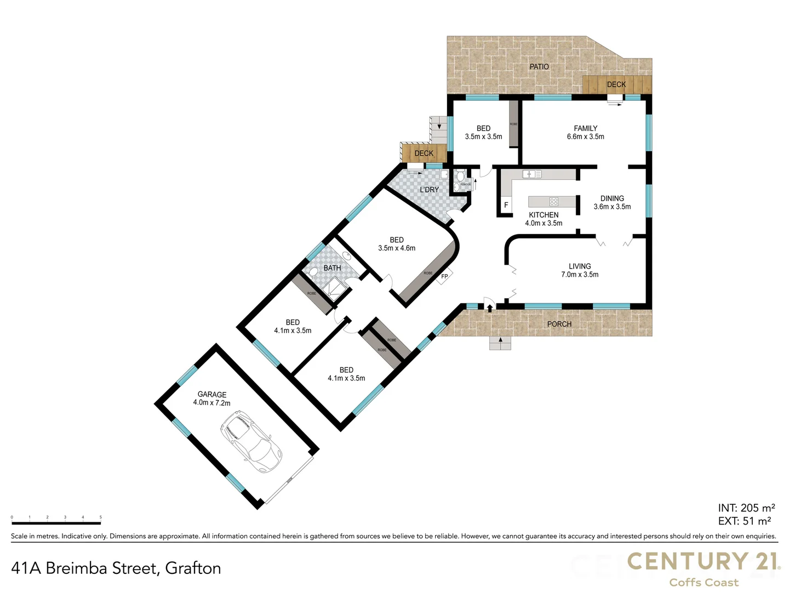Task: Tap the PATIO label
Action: tap(539, 66)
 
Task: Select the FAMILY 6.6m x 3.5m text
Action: tap(585, 132)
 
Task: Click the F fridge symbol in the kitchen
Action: tap(506, 205)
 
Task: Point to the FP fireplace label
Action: tap(444, 276)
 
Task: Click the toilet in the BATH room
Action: tap(313, 272)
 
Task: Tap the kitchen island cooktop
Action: tap(553, 201)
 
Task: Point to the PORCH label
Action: tap(559, 324)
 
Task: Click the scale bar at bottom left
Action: tap(56, 517)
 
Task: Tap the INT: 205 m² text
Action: tap(746, 508)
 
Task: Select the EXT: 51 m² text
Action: tap(744, 521)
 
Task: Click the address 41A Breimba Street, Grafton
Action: tap(116, 568)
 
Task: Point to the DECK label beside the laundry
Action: tap(424, 153)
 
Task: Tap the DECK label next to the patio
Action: tap(616, 84)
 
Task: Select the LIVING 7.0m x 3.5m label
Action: tap(579, 270)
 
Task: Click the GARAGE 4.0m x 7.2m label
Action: tap(211, 399)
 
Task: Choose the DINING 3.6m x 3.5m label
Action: tap(612, 202)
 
